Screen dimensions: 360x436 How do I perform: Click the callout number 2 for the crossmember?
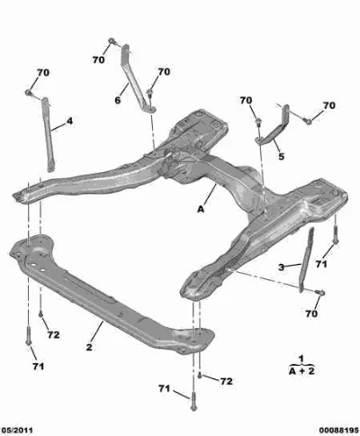tap(89, 347)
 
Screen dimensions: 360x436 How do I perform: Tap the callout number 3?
tap(281, 267)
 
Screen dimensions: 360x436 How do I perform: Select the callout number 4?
tap(69, 122)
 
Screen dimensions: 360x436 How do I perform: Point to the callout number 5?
tap(281, 157)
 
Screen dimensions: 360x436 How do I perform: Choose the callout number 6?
tap(118, 100)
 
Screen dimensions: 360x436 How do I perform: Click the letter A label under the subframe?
tap(201, 209)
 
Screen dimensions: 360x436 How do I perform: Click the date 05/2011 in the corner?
tap(16, 431)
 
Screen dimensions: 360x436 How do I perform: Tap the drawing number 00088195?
tap(339, 431)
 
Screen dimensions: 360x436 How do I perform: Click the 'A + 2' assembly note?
tap(301, 371)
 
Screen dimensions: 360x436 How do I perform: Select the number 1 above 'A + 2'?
tap(301, 359)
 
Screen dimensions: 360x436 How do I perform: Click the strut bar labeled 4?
tap(48, 134)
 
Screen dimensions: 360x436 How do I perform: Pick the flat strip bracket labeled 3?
tap(306, 259)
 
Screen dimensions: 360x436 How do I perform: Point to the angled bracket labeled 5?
tap(273, 128)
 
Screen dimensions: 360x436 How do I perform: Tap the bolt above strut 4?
tap(29, 93)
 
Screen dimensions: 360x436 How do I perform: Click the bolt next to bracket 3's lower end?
tap(320, 292)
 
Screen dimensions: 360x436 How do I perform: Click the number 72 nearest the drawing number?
tap(226, 381)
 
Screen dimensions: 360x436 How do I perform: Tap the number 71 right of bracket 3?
tap(321, 264)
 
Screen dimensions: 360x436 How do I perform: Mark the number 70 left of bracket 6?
tap(98, 59)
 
